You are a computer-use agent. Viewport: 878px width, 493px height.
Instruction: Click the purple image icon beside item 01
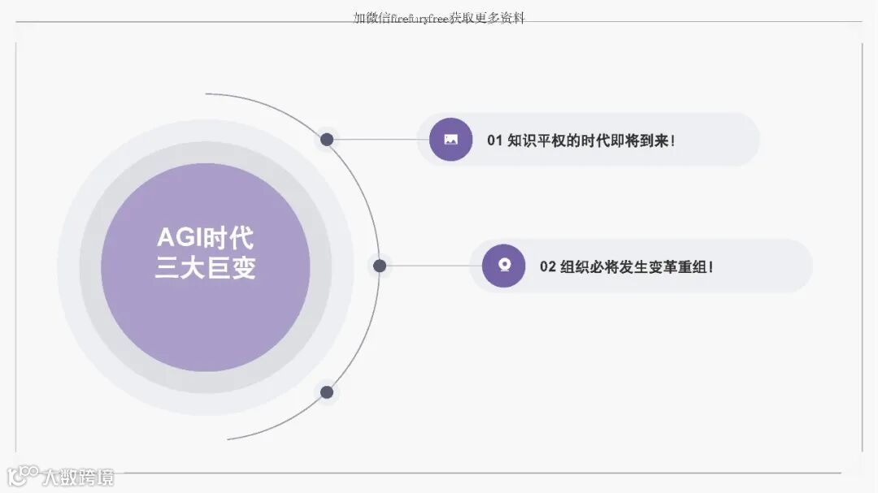(x=450, y=140)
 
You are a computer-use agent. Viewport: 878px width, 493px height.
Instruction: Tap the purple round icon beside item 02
(x=503, y=266)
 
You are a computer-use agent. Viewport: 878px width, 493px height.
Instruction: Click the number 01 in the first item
(x=495, y=141)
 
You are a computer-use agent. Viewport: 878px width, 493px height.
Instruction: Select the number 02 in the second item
(x=548, y=266)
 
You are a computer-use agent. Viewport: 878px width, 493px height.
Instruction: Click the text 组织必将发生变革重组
(x=634, y=266)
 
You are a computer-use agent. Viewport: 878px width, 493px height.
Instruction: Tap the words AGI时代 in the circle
(x=205, y=239)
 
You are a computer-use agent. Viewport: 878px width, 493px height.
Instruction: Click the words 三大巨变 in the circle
(x=205, y=268)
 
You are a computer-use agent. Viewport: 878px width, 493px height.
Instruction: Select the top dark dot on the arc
(x=327, y=140)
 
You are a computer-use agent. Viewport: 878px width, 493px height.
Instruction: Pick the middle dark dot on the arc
(x=379, y=266)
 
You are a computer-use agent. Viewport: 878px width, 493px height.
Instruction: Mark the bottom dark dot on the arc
(x=327, y=392)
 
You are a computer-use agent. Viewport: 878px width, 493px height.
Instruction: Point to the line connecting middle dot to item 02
(x=431, y=266)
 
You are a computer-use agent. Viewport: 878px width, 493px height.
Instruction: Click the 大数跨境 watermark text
(x=79, y=477)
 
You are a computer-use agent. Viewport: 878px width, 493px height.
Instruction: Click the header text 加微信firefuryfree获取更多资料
(x=439, y=18)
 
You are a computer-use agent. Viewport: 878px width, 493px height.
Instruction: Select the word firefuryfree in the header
(x=420, y=18)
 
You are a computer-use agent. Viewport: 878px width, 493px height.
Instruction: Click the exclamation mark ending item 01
(x=673, y=141)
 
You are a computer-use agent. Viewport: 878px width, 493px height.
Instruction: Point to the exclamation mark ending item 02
(x=711, y=266)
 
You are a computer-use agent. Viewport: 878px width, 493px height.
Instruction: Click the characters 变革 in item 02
(x=654, y=266)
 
